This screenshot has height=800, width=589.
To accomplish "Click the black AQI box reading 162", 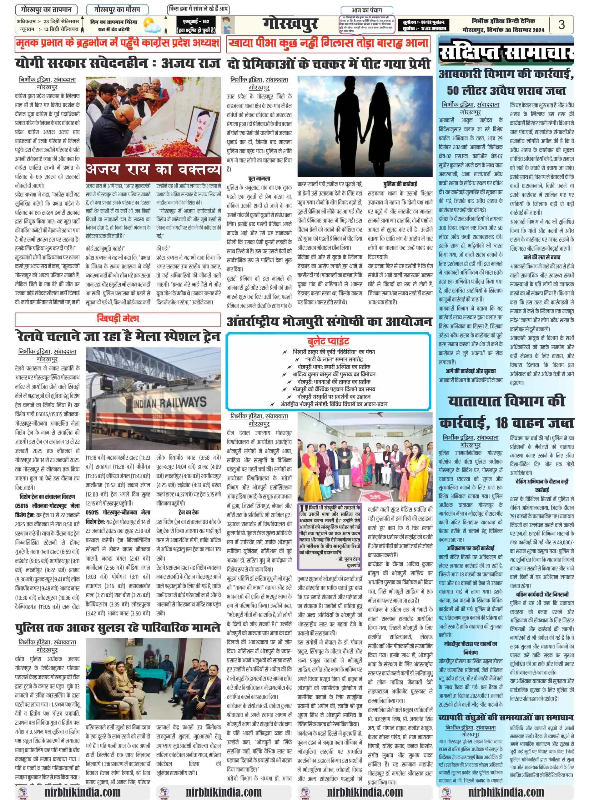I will click(x=196, y=25).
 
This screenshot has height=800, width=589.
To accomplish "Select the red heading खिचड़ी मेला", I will click(x=118, y=318).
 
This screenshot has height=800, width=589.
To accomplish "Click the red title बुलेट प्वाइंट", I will click(x=328, y=341).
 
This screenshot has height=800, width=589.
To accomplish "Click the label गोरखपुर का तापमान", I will click(x=46, y=9).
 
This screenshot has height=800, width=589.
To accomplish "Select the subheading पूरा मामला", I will click(x=259, y=178).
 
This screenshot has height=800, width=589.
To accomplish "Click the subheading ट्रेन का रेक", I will click(x=188, y=512).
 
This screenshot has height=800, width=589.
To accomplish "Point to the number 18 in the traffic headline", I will click(x=501, y=423).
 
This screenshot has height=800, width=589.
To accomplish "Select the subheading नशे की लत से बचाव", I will click(x=541, y=257).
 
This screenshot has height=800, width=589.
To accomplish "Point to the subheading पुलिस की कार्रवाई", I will click(x=400, y=184).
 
